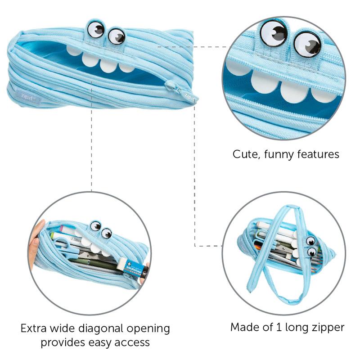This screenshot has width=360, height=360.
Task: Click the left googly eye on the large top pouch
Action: (96, 29)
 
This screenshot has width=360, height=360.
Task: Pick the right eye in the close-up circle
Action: (307, 45)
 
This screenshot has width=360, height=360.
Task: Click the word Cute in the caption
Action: (246, 155)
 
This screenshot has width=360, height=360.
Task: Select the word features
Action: (318, 155)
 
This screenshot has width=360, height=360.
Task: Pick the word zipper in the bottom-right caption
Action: (328, 328)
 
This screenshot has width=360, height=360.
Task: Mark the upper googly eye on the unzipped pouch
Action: (310, 241)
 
